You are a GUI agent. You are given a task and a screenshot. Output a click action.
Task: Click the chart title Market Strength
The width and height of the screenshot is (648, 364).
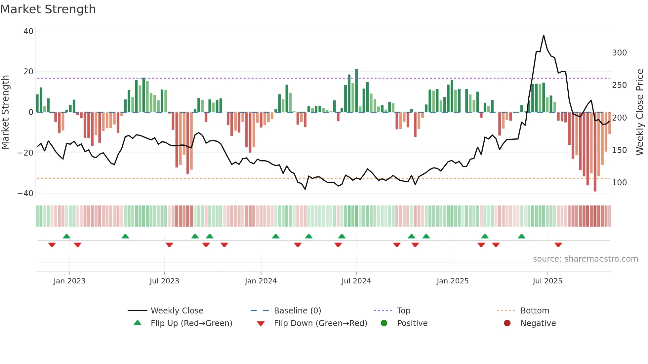pyautogui.click(x=48, y=9)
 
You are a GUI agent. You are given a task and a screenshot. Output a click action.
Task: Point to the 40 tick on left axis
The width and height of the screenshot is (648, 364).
pyautogui.click(x=28, y=31)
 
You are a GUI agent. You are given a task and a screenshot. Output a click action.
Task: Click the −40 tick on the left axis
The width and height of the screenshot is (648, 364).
pyautogui.click(x=25, y=194)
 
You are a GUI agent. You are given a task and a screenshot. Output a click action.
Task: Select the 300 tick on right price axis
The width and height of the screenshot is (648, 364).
pyautogui.click(x=619, y=53)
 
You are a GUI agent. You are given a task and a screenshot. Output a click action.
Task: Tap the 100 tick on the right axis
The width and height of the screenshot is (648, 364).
pyautogui.click(x=619, y=183)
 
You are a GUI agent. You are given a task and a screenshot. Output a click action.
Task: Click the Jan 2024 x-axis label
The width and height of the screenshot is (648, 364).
pyautogui.click(x=261, y=281)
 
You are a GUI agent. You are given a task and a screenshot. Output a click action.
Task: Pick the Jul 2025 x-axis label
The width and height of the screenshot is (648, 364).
pyautogui.click(x=547, y=281)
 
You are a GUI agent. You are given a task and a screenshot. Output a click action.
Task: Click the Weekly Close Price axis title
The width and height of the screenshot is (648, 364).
pyautogui.click(x=640, y=112)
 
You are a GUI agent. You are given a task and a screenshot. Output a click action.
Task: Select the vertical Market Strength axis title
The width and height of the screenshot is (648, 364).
pyautogui.click(x=5, y=112)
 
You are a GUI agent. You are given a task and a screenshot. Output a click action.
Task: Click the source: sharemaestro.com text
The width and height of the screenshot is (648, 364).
pyautogui.click(x=585, y=259)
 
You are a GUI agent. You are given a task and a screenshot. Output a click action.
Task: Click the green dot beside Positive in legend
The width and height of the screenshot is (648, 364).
pyautogui.click(x=384, y=323)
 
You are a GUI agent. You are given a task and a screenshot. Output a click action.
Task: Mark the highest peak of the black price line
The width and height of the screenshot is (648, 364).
pyautogui.click(x=544, y=35)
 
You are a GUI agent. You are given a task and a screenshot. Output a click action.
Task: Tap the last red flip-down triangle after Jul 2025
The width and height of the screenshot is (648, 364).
pyautogui.click(x=558, y=245)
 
